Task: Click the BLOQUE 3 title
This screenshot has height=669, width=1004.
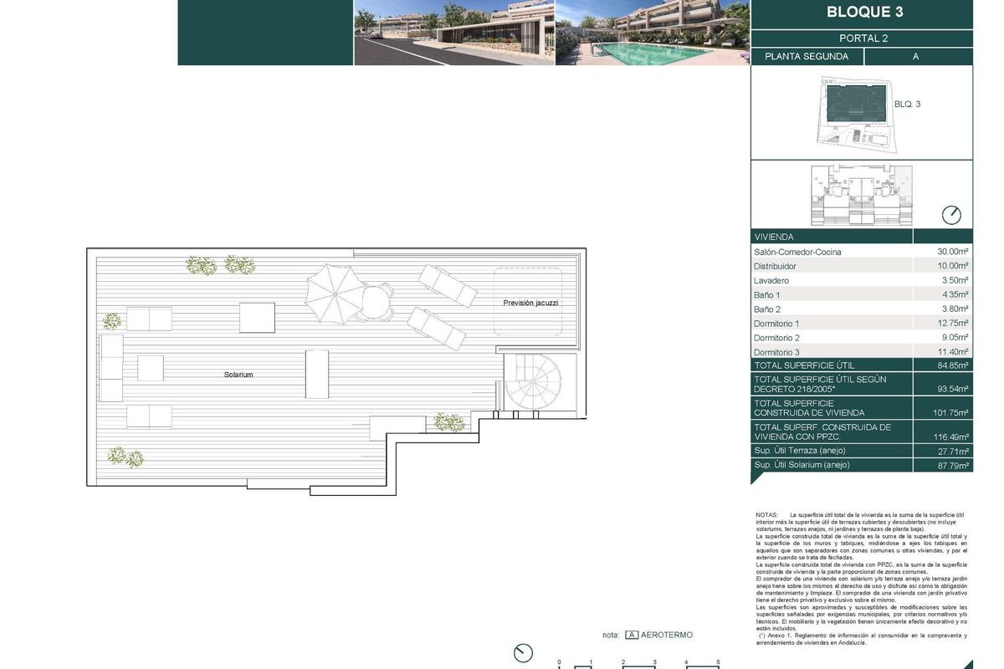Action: pyautogui.click(x=864, y=13)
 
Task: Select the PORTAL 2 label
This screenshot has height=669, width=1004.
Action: pyautogui.click(x=863, y=38)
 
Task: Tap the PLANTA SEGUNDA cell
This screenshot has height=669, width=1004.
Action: pyautogui.click(x=807, y=57)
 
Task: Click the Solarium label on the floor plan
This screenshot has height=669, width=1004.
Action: pyautogui.click(x=238, y=375)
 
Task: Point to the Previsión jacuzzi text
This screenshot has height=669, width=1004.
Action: pyautogui.click(x=530, y=303)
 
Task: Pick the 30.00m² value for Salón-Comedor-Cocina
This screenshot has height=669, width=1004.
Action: pyautogui.click(x=952, y=252)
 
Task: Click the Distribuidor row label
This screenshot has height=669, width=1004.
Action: pyautogui.click(x=775, y=266)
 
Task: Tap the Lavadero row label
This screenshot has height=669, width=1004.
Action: pyautogui.click(x=771, y=281)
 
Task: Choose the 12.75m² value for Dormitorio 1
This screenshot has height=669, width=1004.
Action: pyautogui.click(x=952, y=324)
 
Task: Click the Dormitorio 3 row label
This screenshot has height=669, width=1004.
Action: pyautogui.click(x=776, y=352)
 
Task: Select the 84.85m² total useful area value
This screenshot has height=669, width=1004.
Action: pyautogui.click(x=951, y=365)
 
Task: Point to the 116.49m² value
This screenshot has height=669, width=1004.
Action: pyautogui.click(x=950, y=437)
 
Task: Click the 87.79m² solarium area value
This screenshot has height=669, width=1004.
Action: pyautogui.click(x=952, y=466)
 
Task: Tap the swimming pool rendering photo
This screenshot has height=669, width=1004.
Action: pyautogui.click(x=652, y=33)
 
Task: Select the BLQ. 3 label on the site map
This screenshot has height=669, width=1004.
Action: pyautogui.click(x=907, y=105)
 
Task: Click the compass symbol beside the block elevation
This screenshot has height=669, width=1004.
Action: pyautogui.click(x=951, y=215)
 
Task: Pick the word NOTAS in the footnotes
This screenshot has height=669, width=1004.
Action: pyautogui.click(x=766, y=515)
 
